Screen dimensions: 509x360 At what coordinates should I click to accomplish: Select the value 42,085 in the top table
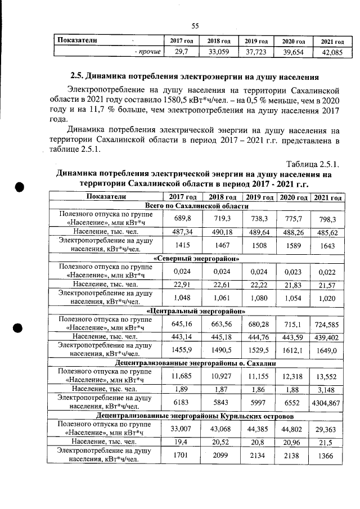point(332,52)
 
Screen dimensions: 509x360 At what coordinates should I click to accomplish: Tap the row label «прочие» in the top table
point(148,52)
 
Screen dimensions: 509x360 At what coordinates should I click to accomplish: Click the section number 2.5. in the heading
point(80,76)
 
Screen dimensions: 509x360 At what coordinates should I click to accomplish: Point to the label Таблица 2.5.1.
point(312,164)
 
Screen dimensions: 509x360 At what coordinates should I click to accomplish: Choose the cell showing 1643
point(328,245)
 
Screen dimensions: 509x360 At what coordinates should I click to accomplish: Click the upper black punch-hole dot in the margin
point(19,188)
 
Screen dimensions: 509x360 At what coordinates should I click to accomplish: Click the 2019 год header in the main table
point(259,197)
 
